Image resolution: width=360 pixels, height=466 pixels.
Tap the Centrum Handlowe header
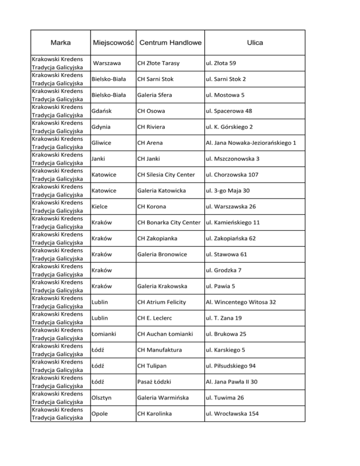tap(170, 43)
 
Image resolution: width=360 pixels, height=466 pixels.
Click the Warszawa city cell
tap(107, 63)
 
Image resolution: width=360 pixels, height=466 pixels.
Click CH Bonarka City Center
tap(169, 222)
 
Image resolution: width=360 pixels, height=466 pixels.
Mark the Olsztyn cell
tap(102, 398)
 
